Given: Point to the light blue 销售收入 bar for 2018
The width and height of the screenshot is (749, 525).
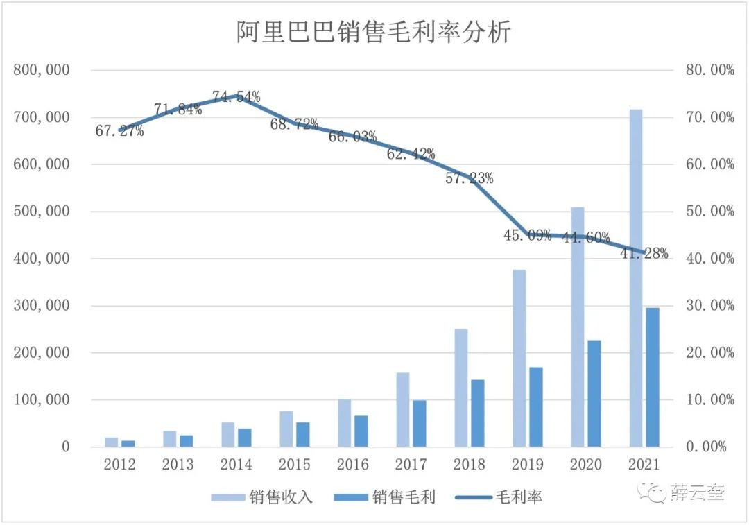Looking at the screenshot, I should click(461, 388).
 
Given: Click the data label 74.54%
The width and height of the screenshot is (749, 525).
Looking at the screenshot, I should click(236, 97).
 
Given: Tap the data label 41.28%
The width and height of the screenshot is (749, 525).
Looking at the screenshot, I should click(644, 254).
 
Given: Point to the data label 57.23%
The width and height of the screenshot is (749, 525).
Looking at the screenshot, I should click(470, 178).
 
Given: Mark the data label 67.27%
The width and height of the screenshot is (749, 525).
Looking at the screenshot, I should click(119, 131).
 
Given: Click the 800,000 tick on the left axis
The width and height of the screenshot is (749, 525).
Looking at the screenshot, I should click(41, 70).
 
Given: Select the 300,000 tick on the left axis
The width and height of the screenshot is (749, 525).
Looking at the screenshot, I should click(41, 306).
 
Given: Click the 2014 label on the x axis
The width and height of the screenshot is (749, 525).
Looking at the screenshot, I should click(236, 465).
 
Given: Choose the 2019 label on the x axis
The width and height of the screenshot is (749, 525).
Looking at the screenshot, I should click(528, 465).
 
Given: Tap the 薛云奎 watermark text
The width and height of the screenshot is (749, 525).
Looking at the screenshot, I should click(698, 493).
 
